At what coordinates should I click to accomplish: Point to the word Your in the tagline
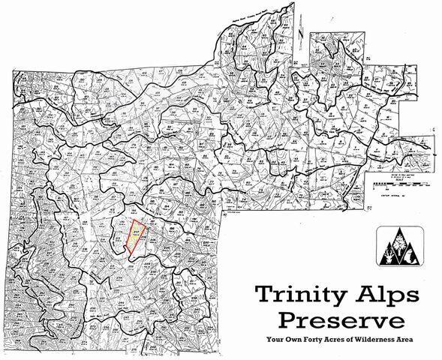274,340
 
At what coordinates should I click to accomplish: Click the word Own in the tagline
296,340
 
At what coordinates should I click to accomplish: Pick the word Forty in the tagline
318,340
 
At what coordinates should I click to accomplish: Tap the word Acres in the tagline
343,340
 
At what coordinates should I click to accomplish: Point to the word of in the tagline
360,340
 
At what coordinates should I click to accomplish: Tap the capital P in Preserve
290,320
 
